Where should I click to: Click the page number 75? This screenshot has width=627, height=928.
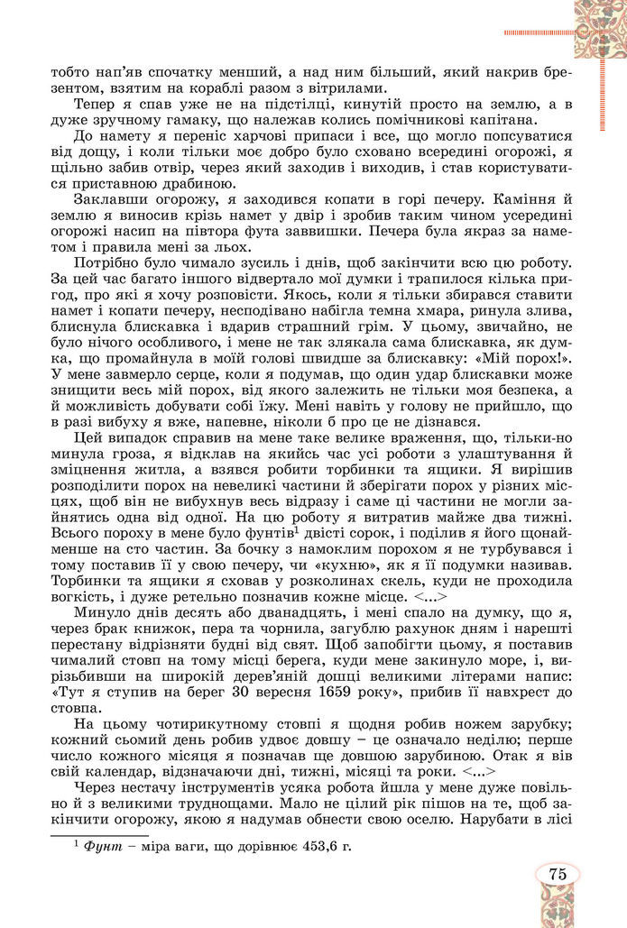(x=556, y=872)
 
